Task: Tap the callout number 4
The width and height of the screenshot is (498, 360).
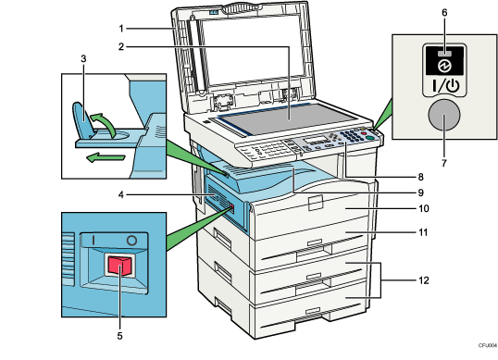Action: pos(120,193)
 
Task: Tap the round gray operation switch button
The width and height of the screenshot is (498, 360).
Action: pos(443,117)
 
